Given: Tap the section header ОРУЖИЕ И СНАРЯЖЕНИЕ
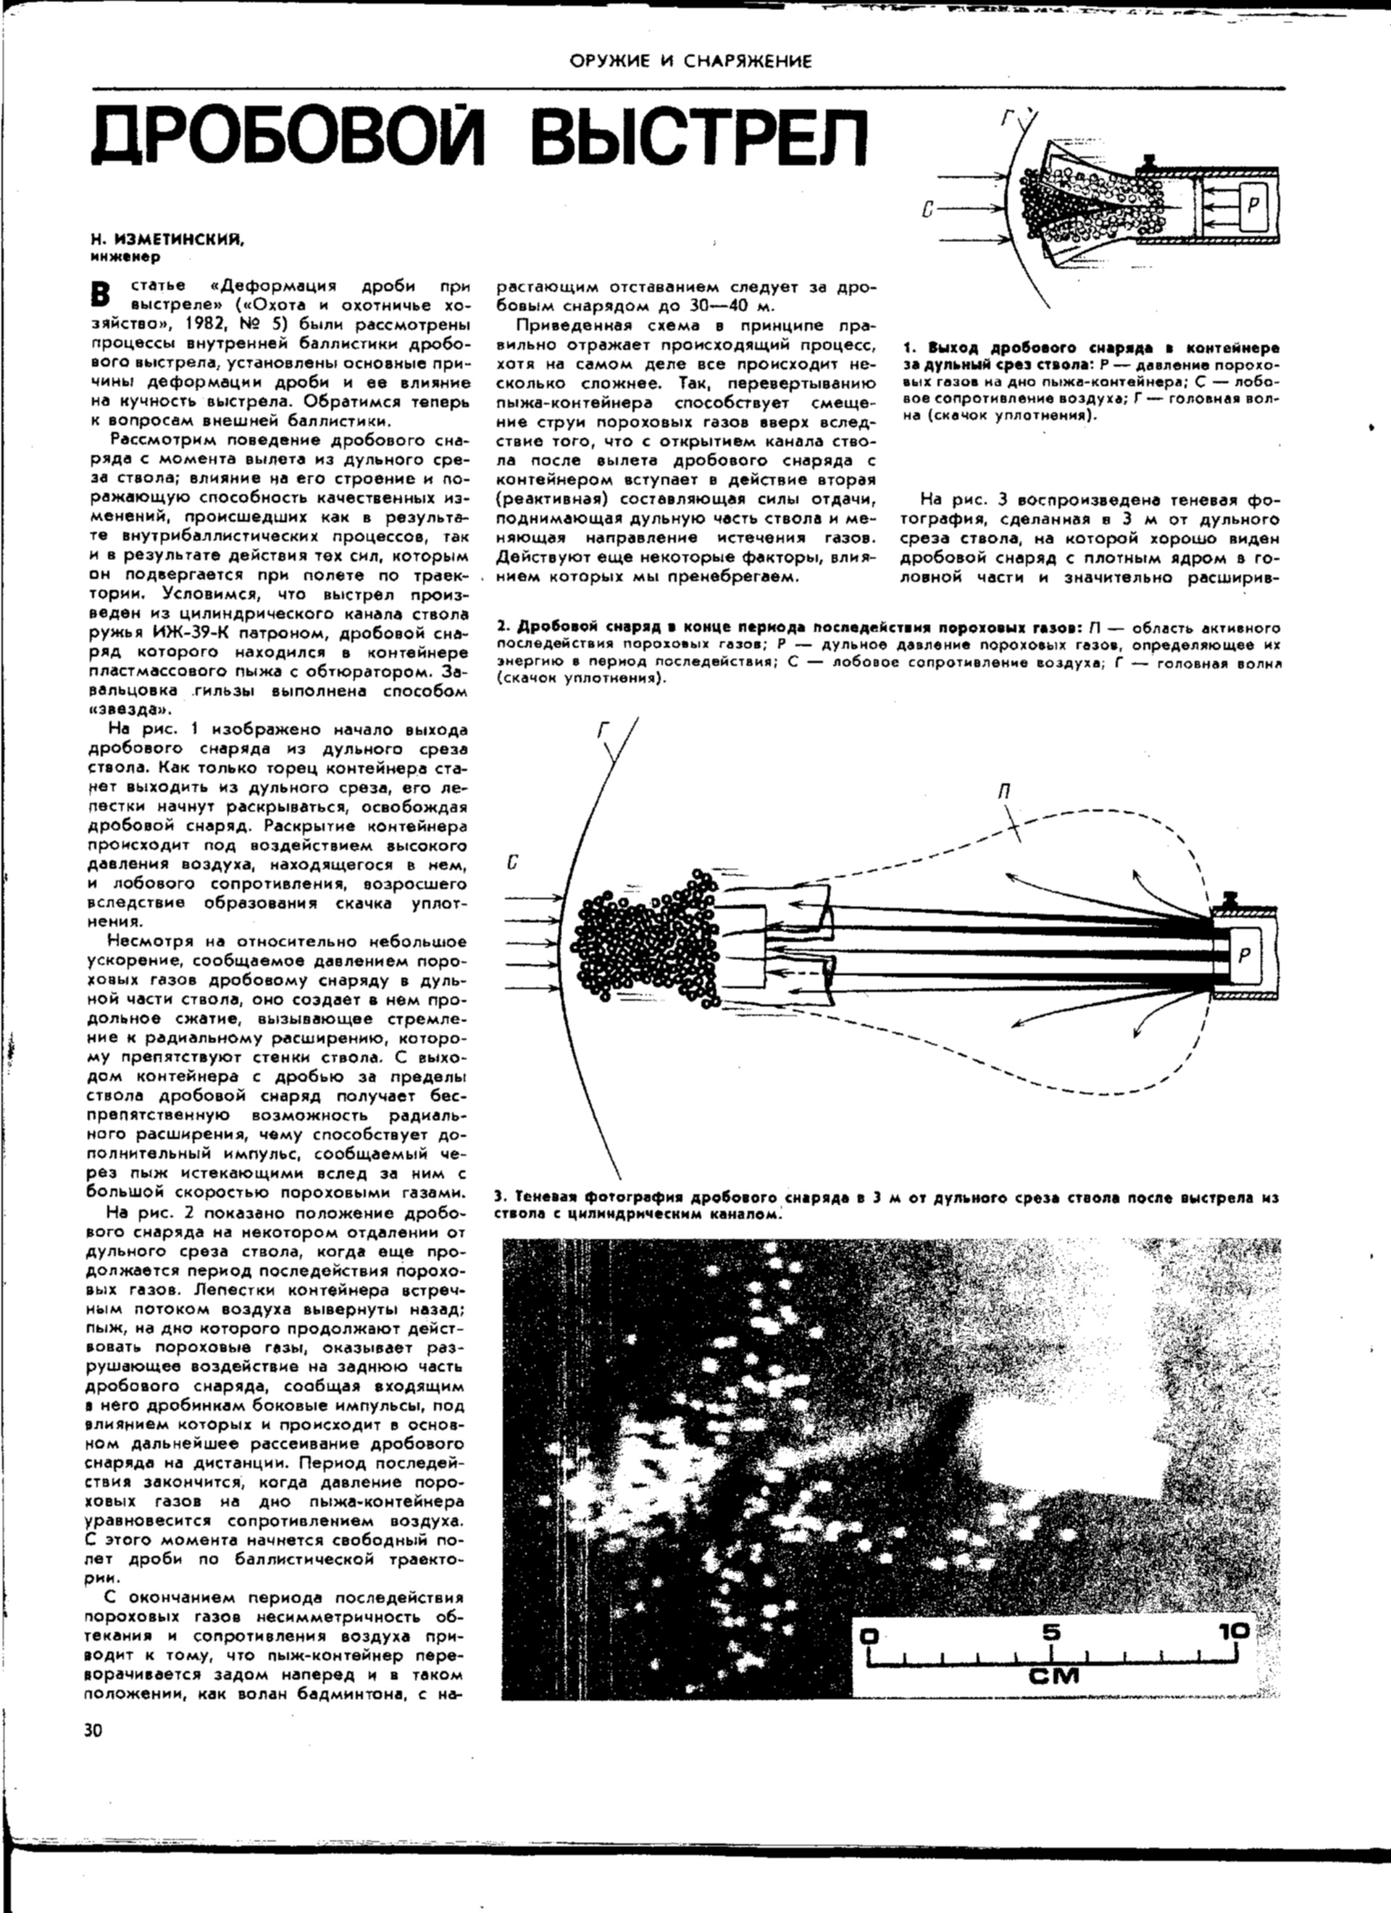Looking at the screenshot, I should tap(690, 62).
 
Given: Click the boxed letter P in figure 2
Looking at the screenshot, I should tap(1244, 955).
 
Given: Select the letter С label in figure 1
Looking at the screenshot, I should tap(926, 207).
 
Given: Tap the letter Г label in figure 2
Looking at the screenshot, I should tap(604, 730).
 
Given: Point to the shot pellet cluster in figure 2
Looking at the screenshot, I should tap(641, 936).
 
